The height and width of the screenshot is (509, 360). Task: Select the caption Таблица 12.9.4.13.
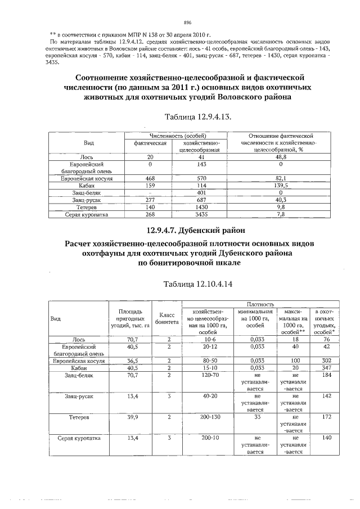point(197,118)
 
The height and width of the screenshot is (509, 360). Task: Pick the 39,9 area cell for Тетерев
point(133,418)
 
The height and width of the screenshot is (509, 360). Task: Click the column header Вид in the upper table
point(89,143)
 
